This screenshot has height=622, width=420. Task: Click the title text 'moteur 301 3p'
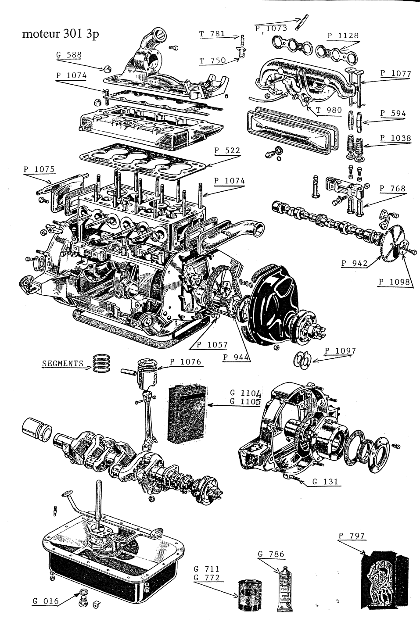click(x=60, y=34)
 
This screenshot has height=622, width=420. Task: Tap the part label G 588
click(x=69, y=55)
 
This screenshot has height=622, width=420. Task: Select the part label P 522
click(x=227, y=150)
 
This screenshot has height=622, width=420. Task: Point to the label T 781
click(x=212, y=33)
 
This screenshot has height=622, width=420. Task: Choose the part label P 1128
click(x=343, y=36)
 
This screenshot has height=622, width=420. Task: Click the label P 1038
click(x=395, y=138)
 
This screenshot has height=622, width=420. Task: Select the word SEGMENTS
click(x=63, y=363)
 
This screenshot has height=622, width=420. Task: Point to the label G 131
click(x=325, y=482)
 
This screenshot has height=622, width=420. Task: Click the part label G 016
click(x=46, y=601)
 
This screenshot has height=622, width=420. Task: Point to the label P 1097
click(x=340, y=351)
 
